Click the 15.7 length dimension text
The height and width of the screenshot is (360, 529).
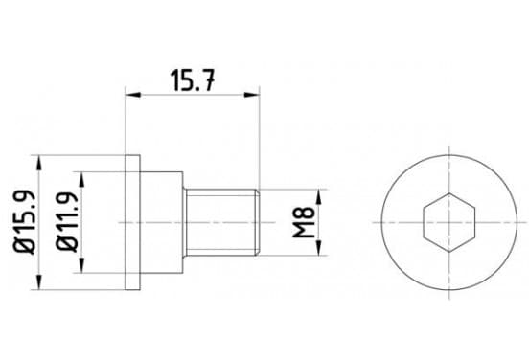pos(193,80)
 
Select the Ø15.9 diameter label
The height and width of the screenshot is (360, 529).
pos(25,222)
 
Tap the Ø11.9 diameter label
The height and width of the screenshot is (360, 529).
pos(68,222)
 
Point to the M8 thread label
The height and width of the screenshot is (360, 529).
pos(304,222)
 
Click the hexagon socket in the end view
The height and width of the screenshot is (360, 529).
pos(449,222)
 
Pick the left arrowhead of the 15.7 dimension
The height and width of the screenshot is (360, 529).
pos(132,95)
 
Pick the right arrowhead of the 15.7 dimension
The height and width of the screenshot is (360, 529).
pos(252,95)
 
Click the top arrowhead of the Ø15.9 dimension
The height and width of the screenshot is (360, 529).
pos(39,163)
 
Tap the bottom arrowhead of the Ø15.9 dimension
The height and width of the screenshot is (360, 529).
pos(39,281)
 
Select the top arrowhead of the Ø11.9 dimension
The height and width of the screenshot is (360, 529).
pos(81,179)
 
